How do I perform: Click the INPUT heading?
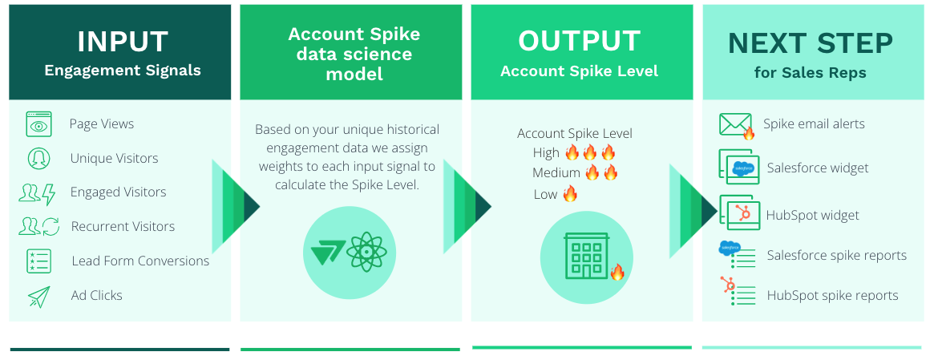point(122,42)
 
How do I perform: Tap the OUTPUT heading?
point(579,41)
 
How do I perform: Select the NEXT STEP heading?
point(810,43)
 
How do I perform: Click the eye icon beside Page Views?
point(38,124)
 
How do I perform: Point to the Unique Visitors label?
point(115,158)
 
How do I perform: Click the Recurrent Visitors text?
point(123,226)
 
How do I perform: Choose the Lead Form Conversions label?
point(140,261)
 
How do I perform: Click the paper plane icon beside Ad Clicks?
point(38,296)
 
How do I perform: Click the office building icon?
point(586,256)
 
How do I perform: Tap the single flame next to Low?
point(570,194)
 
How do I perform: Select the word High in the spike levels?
point(546,152)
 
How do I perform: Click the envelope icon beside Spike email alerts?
point(736,124)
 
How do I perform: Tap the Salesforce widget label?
point(818,168)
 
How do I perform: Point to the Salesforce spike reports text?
point(837,256)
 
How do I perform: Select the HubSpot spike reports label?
point(833,296)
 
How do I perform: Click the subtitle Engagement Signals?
point(123,71)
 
